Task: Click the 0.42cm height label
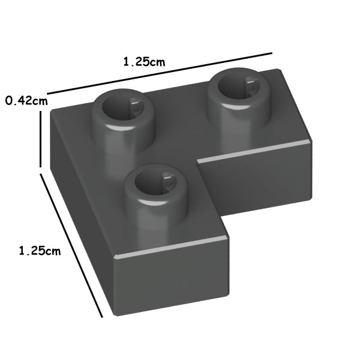[x=26, y=101]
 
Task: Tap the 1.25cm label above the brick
[x=144, y=62]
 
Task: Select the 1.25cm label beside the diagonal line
[x=40, y=251]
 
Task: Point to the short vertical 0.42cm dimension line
[x=41, y=139]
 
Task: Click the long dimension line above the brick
[x=160, y=73]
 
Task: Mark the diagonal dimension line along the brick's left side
[x=71, y=245]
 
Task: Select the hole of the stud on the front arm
[x=155, y=182]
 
